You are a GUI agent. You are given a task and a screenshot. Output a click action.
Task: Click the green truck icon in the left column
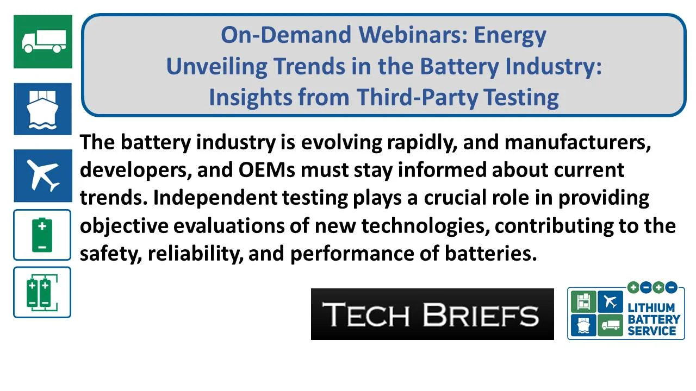(43, 41)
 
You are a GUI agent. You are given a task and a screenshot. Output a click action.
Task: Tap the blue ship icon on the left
(43, 109)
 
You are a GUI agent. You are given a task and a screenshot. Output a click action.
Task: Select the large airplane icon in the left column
(43, 175)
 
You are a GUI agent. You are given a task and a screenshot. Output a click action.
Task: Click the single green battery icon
(42, 235)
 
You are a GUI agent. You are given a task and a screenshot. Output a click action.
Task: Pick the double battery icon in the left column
(42, 292)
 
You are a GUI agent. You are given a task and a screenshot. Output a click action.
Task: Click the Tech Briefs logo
(432, 314)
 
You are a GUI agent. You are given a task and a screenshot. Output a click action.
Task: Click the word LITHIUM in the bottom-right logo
(651, 307)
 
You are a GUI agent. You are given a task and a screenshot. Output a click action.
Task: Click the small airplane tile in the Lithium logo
(610, 302)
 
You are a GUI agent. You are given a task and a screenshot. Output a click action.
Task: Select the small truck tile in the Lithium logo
(610, 326)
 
